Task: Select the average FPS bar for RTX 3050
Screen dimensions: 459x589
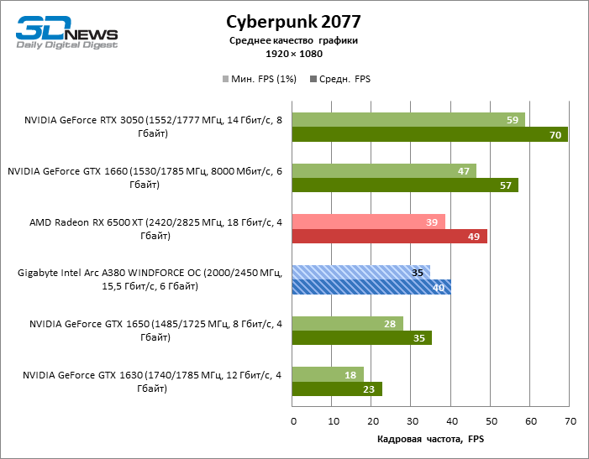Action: pyautogui.click(x=429, y=134)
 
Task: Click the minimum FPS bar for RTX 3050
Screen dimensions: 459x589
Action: pyautogui.click(x=408, y=120)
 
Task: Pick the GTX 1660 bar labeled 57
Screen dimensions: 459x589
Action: pyautogui.click(x=405, y=185)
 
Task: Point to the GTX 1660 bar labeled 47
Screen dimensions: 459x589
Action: pyautogui.click(x=384, y=170)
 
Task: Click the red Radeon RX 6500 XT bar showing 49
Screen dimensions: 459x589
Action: pyautogui.click(x=389, y=237)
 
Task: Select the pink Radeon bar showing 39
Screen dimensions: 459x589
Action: pyautogui.click(x=368, y=222)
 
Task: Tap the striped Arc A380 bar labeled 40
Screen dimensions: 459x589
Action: pyautogui.click(x=371, y=287)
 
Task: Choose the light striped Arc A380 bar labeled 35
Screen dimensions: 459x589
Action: pyautogui.click(x=360, y=272)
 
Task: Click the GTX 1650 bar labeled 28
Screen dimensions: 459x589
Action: pyautogui.click(x=347, y=323)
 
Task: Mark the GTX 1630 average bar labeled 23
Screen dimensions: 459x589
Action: pyautogui.click(x=337, y=389)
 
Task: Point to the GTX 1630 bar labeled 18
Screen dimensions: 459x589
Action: pyautogui.click(x=328, y=374)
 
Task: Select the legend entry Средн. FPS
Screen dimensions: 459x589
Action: pyautogui.click(x=340, y=79)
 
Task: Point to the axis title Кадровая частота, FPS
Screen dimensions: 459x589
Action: pyautogui.click(x=430, y=439)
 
